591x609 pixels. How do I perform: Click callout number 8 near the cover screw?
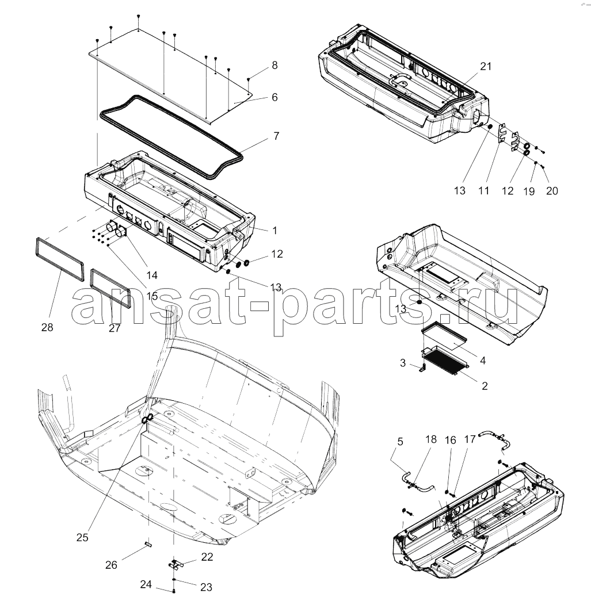point(274,65)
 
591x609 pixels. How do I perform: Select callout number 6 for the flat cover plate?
point(274,97)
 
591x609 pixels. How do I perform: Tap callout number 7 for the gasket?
point(276,136)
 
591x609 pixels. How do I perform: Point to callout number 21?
point(485,66)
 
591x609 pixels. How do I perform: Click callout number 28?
point(47,327)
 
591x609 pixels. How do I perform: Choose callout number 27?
point(115,328)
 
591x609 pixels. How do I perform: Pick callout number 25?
point(82,538)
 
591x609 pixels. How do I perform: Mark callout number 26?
point(111,565)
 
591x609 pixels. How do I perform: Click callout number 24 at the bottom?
point(146,584)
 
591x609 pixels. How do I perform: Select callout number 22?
point(207,557)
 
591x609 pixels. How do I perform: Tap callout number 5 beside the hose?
point(400,442)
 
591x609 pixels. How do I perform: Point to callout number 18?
point(431,439)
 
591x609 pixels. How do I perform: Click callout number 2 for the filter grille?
point(485,386)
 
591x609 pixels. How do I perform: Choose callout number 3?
point(403,363)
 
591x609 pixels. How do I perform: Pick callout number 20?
point(552,191)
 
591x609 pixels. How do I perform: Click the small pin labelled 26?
point(148,544)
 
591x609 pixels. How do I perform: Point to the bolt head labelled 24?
point(174,591)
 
